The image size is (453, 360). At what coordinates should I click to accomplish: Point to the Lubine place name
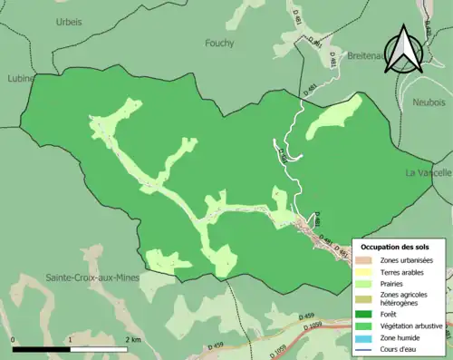coord(15,78)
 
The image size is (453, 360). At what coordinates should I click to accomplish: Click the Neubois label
coord(430,102)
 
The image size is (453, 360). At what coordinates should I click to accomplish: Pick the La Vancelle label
coord(427,172)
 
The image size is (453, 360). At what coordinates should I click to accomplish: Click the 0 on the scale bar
coord(13,340)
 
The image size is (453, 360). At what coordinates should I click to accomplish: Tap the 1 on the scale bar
coord(70,340)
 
